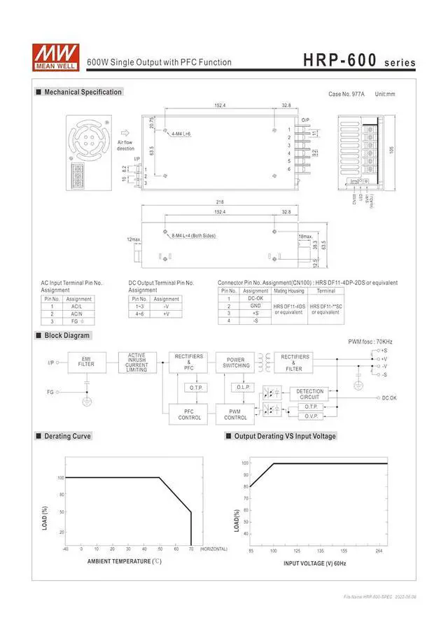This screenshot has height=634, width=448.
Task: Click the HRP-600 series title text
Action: (x=359, y=61)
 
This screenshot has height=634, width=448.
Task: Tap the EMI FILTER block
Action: (x=87, y=362)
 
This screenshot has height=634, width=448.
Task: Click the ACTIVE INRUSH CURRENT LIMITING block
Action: (x=136, y=362)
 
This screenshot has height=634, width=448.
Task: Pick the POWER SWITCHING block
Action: (x=236, y=362)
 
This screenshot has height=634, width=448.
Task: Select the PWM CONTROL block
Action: (x=235, y=415)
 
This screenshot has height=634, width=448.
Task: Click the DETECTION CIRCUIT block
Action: (x=310, y=394)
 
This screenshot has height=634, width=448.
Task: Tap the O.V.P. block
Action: (x=311, y=416)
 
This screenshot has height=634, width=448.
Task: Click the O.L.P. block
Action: (x=243, y=387)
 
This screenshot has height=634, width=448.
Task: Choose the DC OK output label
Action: (x=389, y=397)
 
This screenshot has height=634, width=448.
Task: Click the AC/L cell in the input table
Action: (x=76, y=307)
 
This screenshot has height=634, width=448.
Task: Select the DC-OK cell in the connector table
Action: (x=255, y=298)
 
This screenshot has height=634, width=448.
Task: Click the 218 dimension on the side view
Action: (x=220, y=202)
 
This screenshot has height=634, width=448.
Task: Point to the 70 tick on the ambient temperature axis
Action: (x=191, y=549)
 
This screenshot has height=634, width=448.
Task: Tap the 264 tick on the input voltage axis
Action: (x=379, y=551)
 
